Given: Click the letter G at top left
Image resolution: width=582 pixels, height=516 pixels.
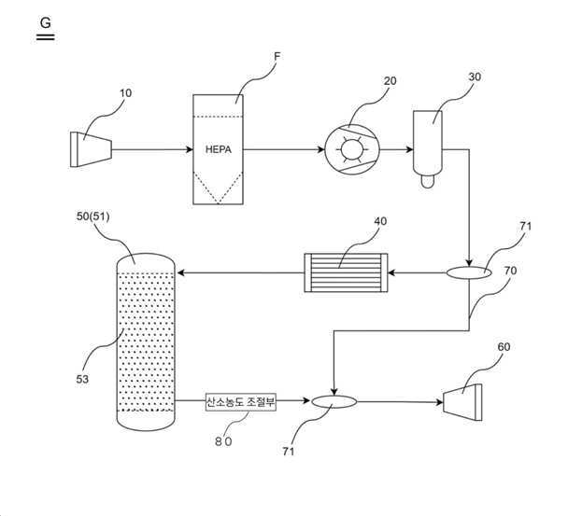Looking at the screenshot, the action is [x=45, y=23].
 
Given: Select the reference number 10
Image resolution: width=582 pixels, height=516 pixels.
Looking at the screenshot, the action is [x=125, y=93].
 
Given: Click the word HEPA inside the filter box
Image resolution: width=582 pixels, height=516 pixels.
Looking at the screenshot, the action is [x=219, y=149].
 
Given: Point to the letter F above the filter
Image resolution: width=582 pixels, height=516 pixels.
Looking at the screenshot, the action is [x=277, y=56].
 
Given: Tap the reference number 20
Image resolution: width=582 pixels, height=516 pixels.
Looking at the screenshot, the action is [x=390, y=81].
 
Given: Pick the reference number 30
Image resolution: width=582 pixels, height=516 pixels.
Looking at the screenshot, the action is [x=475, y=77].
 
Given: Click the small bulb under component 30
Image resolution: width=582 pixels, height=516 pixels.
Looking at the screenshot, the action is [x=428, y=181].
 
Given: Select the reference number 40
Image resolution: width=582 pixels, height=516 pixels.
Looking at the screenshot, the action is [x=380, y=221].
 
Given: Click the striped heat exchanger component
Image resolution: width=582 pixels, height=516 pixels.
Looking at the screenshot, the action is [x=346, y=272].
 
